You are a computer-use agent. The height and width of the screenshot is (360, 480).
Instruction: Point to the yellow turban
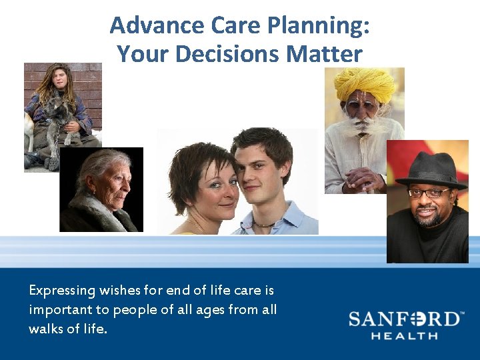click(x=365, y=83)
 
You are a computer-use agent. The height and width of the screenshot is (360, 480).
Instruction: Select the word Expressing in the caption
click(x=61, y=291)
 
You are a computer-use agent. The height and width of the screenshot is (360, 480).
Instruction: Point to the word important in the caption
click(x=59, y=310)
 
